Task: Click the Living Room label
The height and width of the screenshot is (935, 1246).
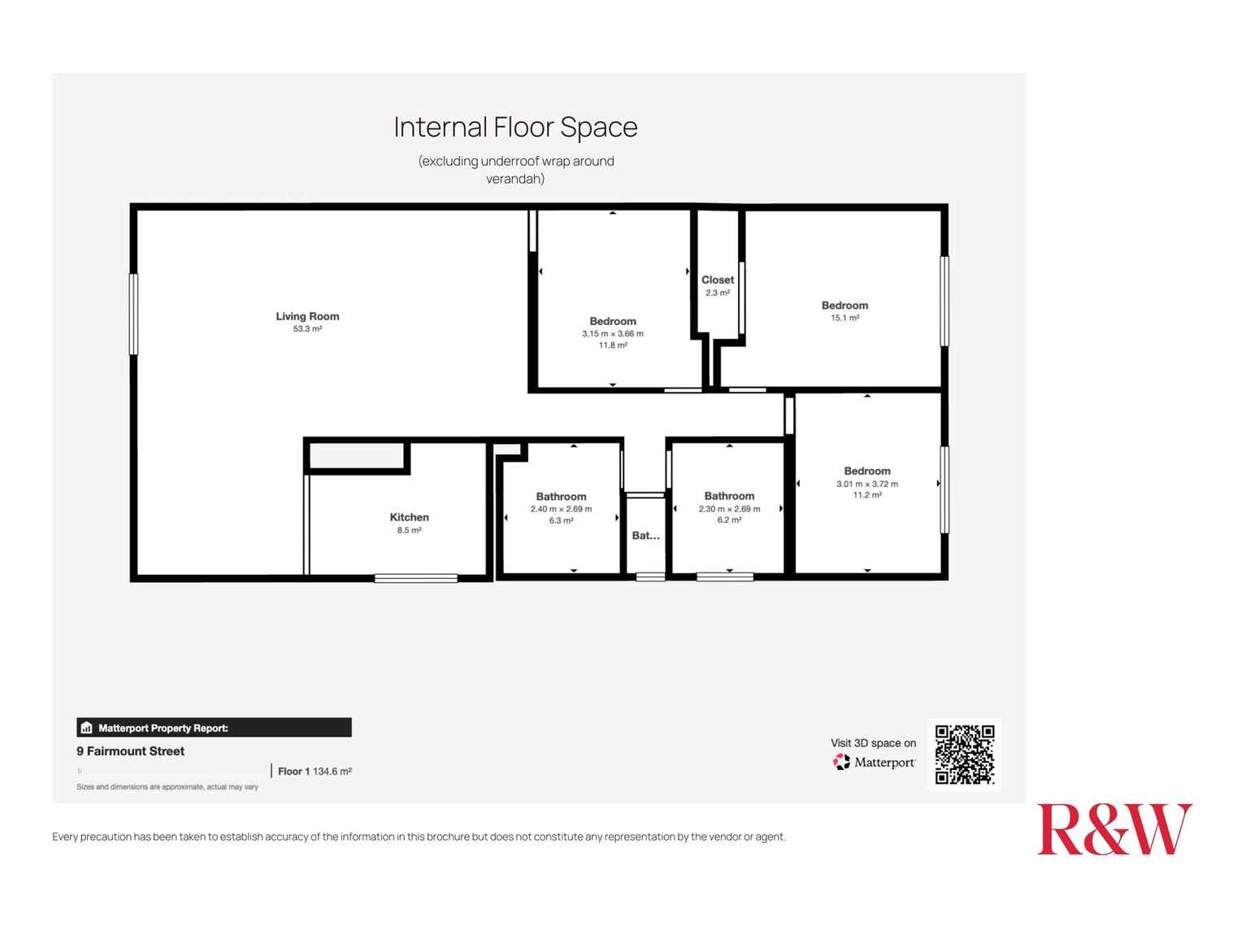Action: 307,316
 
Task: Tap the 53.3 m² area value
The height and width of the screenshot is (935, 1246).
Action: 307,329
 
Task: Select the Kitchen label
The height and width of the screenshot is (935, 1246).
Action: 409,517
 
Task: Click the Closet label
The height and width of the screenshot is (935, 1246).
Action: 718,280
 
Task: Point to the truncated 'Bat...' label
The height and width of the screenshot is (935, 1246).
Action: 645,536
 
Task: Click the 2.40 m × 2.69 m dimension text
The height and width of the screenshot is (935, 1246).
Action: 561,510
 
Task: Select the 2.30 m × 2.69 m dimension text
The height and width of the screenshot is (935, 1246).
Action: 729,510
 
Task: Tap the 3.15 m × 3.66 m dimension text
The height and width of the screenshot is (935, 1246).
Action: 612,334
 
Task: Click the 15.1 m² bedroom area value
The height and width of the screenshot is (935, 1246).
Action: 844,319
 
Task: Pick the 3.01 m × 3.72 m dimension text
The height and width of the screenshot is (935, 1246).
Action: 866,485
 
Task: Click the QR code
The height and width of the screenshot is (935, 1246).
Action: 964,755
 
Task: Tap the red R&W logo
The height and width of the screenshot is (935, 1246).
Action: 1114,829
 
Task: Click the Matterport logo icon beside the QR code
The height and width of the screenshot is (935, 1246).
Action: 841,763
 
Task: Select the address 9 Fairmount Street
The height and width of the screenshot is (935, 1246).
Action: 130,751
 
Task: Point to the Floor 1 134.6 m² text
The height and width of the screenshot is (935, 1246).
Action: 315,772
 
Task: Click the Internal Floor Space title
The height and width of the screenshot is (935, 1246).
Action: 515,128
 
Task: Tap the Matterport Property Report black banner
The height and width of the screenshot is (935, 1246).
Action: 214,728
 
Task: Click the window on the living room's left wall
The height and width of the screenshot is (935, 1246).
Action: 133,314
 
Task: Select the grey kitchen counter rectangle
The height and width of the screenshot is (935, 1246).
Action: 357,456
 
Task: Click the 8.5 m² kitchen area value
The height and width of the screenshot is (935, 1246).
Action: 409,531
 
